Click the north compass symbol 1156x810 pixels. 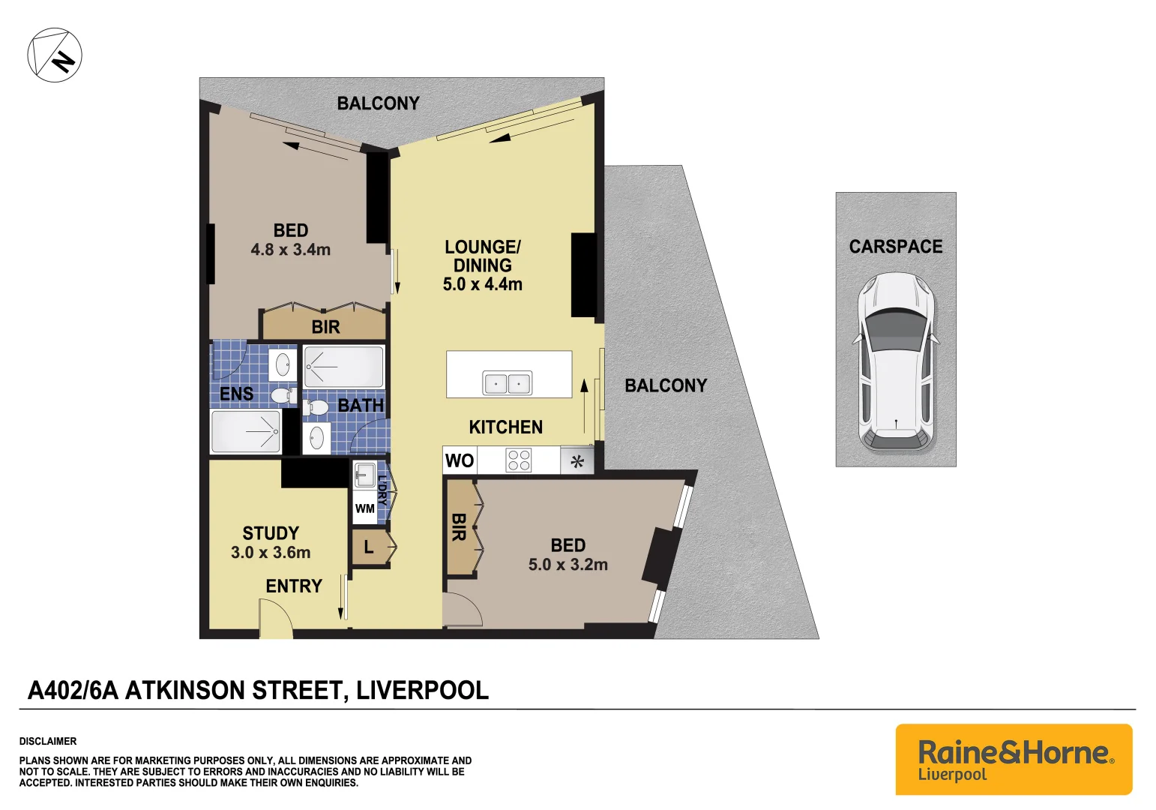[55, 55]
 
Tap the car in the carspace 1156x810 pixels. [896, 361]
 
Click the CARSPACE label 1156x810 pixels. [895, 247]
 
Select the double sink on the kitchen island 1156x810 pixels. [508, 383]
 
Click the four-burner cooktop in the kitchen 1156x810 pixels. [519, 460]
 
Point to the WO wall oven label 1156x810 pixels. [459, 460]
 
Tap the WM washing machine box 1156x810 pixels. [365, 508]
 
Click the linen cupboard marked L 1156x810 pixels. [369, 547]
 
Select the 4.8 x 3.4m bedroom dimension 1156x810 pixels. [290, 250]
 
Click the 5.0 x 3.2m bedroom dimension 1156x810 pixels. [568, 565]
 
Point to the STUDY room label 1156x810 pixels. [271, 533]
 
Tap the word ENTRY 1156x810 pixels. [294, 586]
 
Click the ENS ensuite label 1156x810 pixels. [236, 394]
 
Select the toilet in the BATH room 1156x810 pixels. [316, 407]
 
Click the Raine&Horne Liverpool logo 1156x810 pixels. [1014, 759]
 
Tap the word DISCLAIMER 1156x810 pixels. [48, 741]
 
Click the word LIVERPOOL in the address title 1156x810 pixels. [422, 690]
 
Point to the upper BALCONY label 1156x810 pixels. [378, 103]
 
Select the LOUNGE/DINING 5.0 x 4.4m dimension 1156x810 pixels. [482, 284]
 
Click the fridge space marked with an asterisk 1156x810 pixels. [577, 461]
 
